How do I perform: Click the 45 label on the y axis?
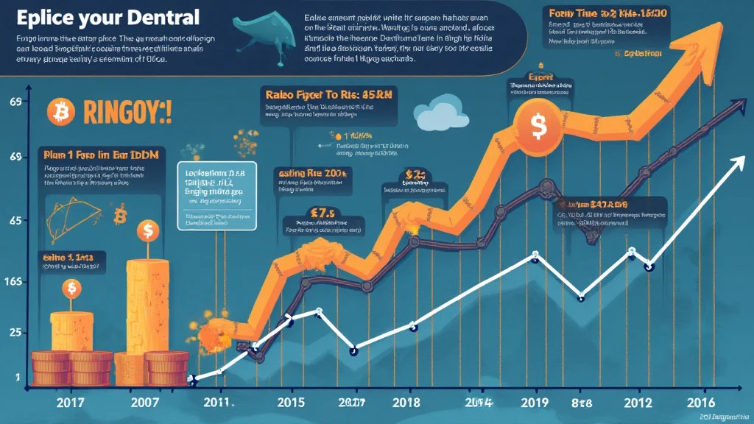click(15, 221)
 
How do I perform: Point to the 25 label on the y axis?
click(15, 333)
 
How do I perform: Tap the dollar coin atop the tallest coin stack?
click(148, 231)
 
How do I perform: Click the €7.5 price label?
click(323, 212)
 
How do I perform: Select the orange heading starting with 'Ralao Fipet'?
click(320, 93)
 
